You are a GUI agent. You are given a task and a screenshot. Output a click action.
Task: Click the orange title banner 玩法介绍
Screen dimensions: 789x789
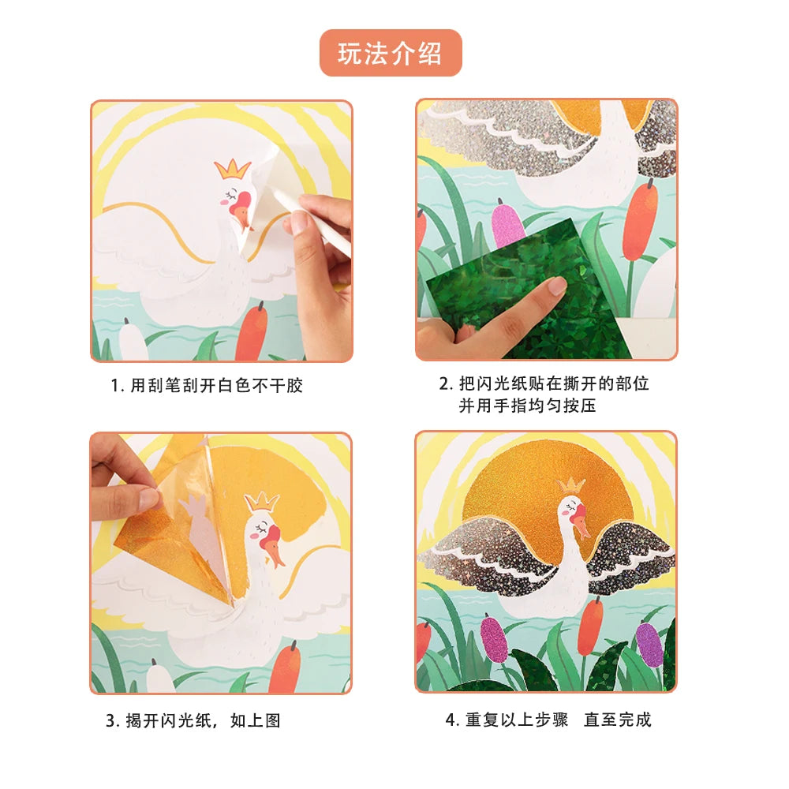[391, 53]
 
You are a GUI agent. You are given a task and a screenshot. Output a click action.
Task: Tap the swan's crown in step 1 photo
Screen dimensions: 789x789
[233, 169]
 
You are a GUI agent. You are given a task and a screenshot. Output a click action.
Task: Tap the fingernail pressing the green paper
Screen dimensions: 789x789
[556, 286]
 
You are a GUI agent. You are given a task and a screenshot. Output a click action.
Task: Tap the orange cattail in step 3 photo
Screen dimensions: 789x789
[285, 667]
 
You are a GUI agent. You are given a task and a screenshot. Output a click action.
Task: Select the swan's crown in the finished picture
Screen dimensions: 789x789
[571, 485]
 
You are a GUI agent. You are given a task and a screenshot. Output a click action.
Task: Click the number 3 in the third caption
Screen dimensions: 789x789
[110, 721]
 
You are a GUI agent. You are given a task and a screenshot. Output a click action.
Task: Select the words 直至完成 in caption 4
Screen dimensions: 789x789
[618, 720]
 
